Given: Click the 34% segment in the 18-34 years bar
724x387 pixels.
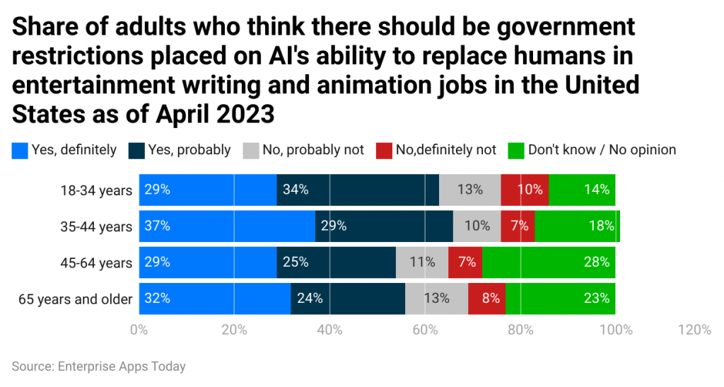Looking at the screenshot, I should [x=357, y=190].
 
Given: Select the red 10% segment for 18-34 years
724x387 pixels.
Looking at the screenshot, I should [x=525, y=190].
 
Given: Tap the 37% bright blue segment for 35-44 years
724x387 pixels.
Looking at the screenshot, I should [x=227, y=226].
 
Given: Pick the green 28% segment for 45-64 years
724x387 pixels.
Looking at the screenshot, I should [x=549, y=262].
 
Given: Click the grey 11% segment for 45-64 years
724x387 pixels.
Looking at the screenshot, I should [x=422, y=262].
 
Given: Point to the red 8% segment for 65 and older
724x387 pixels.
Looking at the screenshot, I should [x=487, y=299].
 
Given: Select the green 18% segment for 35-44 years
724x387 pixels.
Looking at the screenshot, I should [x=577, y=226].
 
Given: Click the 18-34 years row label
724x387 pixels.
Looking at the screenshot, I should [x=97, y=190].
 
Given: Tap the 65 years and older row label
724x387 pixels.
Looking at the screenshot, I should [x=75, y=299].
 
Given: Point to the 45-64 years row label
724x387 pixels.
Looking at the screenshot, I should [x=97, y=262].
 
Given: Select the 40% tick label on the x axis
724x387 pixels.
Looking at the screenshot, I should [x=329, y=330].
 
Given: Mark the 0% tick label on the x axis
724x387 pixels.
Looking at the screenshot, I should [x=139, y=330].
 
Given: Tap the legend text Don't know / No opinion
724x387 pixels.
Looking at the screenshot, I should [x=602, y=150].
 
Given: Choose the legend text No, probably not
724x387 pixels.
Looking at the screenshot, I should [x=313, y=150].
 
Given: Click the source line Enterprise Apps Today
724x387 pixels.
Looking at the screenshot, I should [x=98, y=366].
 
